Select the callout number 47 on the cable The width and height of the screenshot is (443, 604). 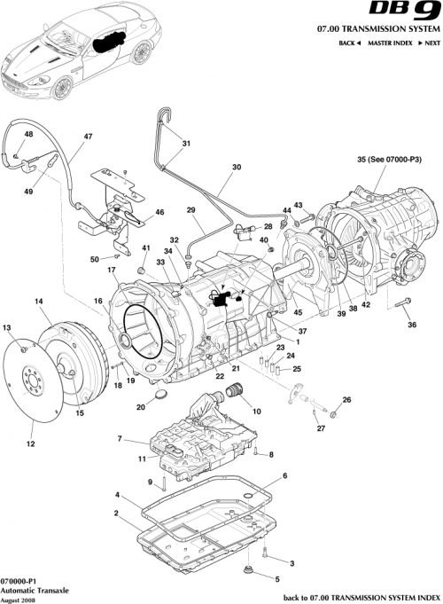point(88,137)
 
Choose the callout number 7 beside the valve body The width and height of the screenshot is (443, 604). point(119,439)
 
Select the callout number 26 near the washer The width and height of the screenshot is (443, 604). point(347,400)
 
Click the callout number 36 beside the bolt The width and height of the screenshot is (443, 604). point(410,326)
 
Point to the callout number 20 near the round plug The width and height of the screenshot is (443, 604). point(140,407)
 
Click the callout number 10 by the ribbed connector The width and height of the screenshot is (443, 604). point(258,411)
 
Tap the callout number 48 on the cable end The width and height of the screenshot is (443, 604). point(28,134)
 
